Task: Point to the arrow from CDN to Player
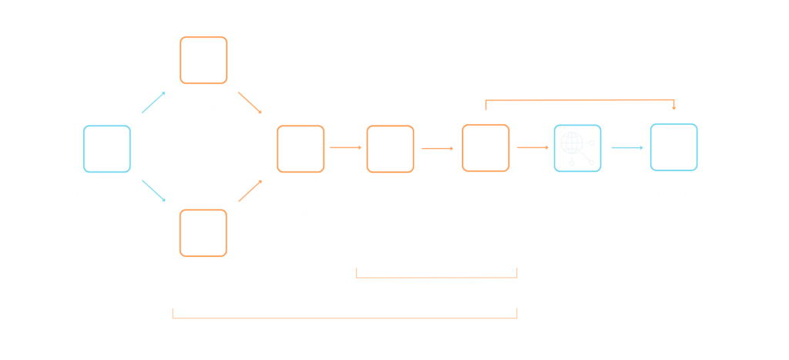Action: (627, 147)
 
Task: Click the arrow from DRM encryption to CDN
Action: (532, 147)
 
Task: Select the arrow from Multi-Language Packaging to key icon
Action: (345, 148)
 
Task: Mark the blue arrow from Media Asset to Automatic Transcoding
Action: (153, 103)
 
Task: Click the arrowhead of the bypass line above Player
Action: (674, 107)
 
